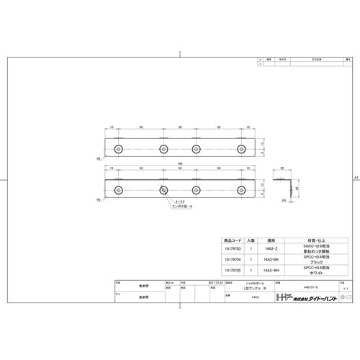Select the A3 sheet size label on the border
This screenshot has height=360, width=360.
coord(355,177)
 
